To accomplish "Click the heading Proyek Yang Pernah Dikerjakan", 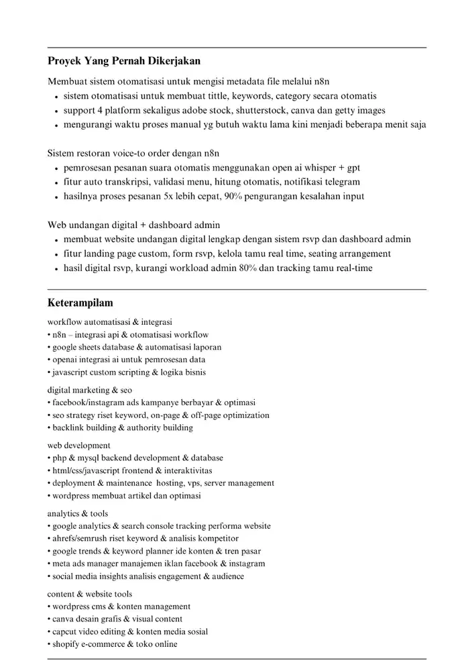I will pos(124,61).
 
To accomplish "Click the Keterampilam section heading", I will pos(80,303).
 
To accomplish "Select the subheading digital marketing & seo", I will pos(89,390).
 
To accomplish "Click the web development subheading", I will pos(78,445).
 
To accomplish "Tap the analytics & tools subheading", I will pos(77,513).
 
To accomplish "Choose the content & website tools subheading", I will pos(89,594).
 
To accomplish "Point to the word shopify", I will pos(66,644).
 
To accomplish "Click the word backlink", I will pos(69,427).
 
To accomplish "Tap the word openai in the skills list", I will pos(66,359).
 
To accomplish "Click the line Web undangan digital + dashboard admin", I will pos(133,225).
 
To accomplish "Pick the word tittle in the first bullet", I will pos(216,96).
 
